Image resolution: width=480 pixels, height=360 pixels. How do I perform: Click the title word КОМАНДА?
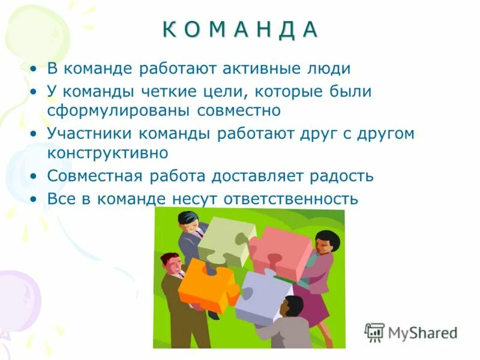tap(240, 30)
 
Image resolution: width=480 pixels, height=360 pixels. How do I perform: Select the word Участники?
tap(87, 133)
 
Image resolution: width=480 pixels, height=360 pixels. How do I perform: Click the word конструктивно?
tap(107, 153)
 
